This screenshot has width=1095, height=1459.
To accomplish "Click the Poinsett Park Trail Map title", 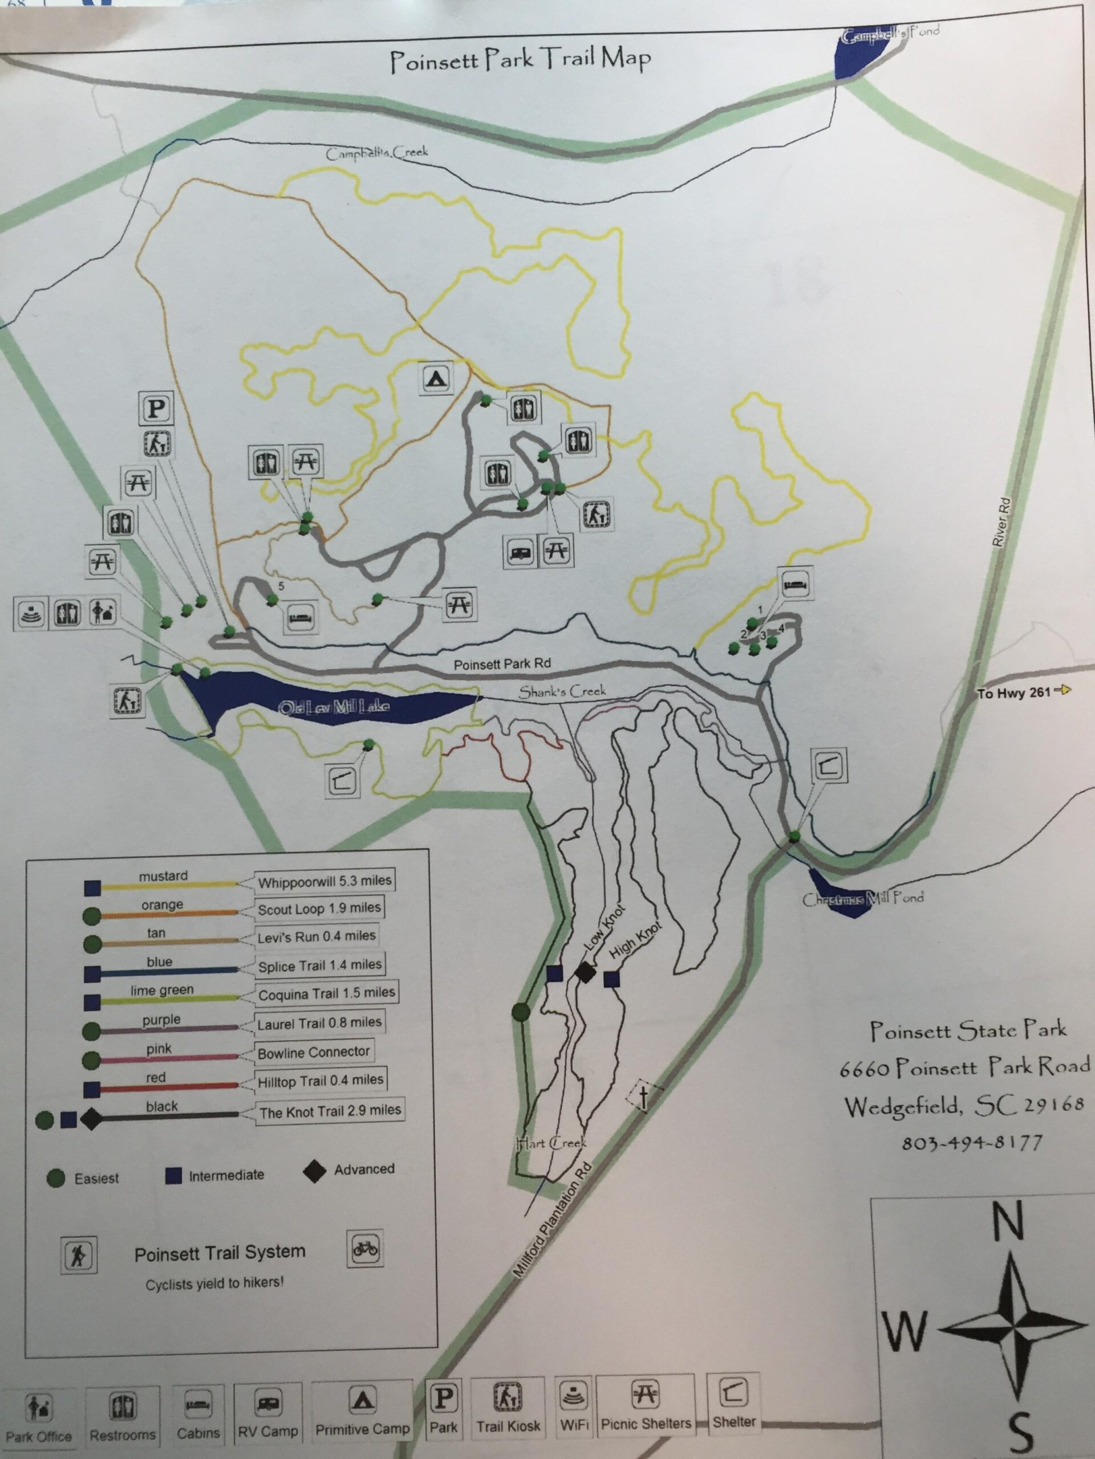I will tap(520, 60).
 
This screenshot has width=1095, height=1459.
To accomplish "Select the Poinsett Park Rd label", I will tap(502, 664).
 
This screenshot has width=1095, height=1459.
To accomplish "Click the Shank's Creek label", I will tap(562, 691).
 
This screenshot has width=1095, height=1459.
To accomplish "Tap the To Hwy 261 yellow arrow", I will tap(1063, 691).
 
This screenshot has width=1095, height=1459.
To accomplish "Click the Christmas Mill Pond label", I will tap(862, 899).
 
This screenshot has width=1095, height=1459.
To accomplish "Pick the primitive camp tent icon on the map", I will tap(436, 378).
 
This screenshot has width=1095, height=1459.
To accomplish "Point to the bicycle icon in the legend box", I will tap(365, 1249).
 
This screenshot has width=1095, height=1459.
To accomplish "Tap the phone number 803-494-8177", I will tap(972, 1142).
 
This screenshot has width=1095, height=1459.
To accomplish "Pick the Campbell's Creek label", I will tap(377, 153).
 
